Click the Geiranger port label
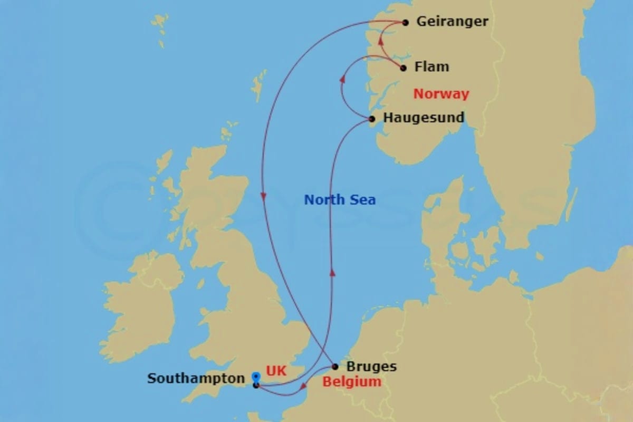pyautogui.click(x=452, y=22)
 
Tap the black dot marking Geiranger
pyautogui.click(x=405, y=22)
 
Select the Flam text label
pyautogui.click(x=431, y=67)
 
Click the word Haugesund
pyautogui.click(x=424, y=117)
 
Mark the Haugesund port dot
pyautogui.click(x=372, y=119)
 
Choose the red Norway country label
pyautogui.click(x=441, y=94)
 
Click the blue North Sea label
pyautogui.click(x=340, y=199)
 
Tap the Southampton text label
pyautogui.click(x=196, y=378)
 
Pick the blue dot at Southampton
pyautogui.click(x=256, y=376)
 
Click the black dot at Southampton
pyautogui.click(x=256, y=385)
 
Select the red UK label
pyautogui.click(x=276, y=371)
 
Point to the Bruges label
pyautogui.click(x=371, y=366)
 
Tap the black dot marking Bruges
pyautogui.click(x=335, y=367)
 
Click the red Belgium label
pyautogui.click(x=351, y=381)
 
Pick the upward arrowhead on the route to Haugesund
pyautogui.click(x=332, y=271)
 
